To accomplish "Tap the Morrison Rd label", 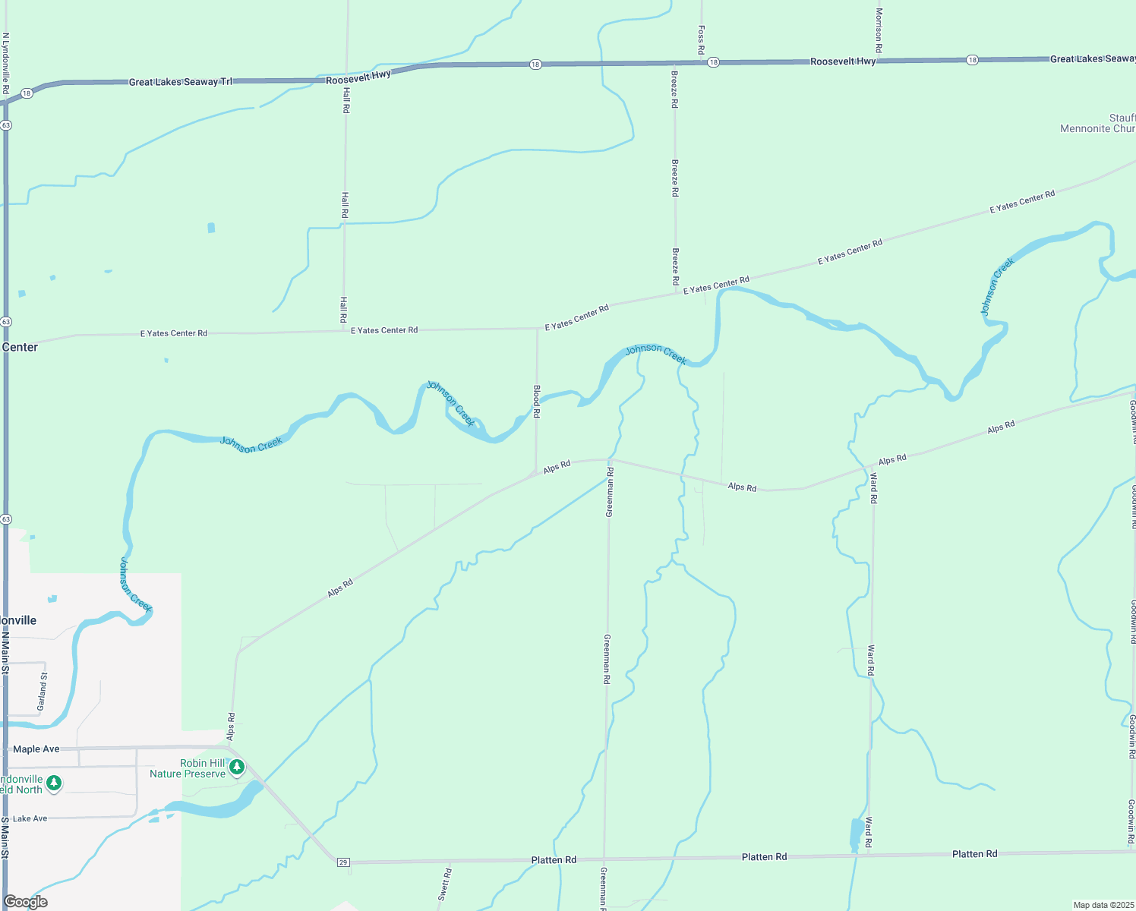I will click(879, 30).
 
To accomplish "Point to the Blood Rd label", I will click(537, 402).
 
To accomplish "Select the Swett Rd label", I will click(444, 884).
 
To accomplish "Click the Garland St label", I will click(43, 690).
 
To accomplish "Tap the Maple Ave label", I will click(36, 749).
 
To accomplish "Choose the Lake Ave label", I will click(30, 818).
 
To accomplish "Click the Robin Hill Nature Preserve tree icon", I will click(237, 768).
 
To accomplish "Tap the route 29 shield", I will click(343, 862).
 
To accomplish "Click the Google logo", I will click(26, 902).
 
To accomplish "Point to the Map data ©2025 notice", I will click(1103, 905).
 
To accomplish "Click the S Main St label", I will click(5, 838).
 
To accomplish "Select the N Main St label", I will click(5, 657).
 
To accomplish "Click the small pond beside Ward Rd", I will click(856, 834).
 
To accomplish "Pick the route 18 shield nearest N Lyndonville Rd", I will click(27, 93).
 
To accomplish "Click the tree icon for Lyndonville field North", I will click(53, 783).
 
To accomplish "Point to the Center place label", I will click(20, 347).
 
